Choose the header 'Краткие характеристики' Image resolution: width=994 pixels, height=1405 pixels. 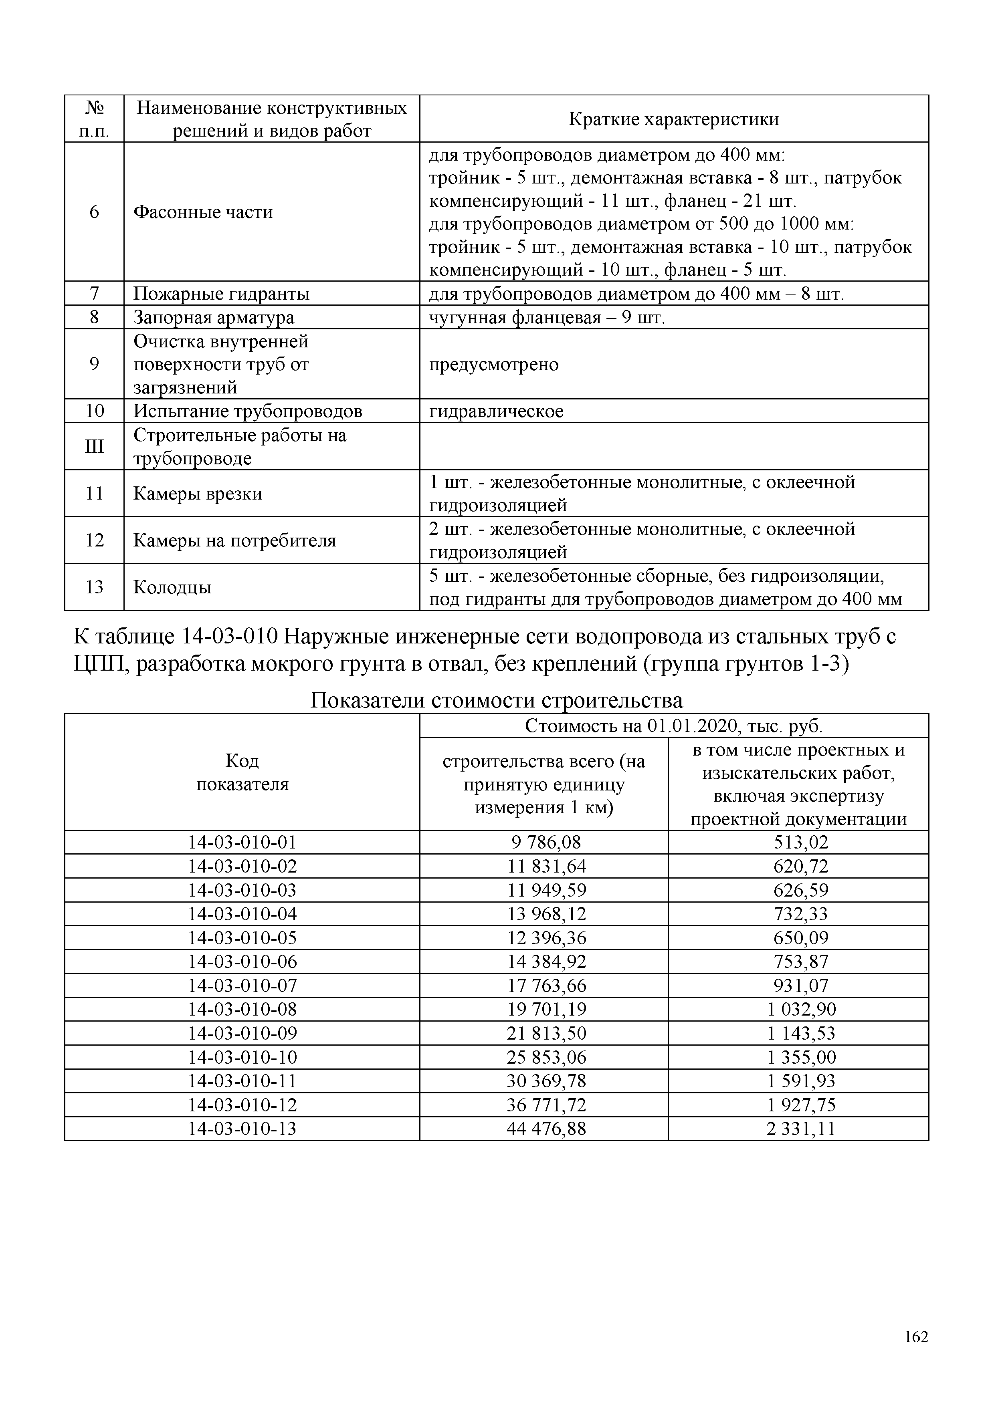673,119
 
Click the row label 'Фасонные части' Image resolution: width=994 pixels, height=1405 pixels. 203,212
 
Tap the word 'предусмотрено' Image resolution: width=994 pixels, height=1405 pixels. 493,365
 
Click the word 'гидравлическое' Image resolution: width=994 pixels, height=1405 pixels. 496,411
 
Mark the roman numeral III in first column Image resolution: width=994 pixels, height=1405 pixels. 94,447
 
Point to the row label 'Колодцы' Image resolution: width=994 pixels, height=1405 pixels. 173,587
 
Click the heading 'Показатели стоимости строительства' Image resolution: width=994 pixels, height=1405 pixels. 496,699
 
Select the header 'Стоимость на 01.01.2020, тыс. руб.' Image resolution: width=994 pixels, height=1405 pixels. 673,726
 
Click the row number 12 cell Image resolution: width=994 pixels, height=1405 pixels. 94,540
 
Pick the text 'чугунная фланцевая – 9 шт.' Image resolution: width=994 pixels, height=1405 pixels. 547,318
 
